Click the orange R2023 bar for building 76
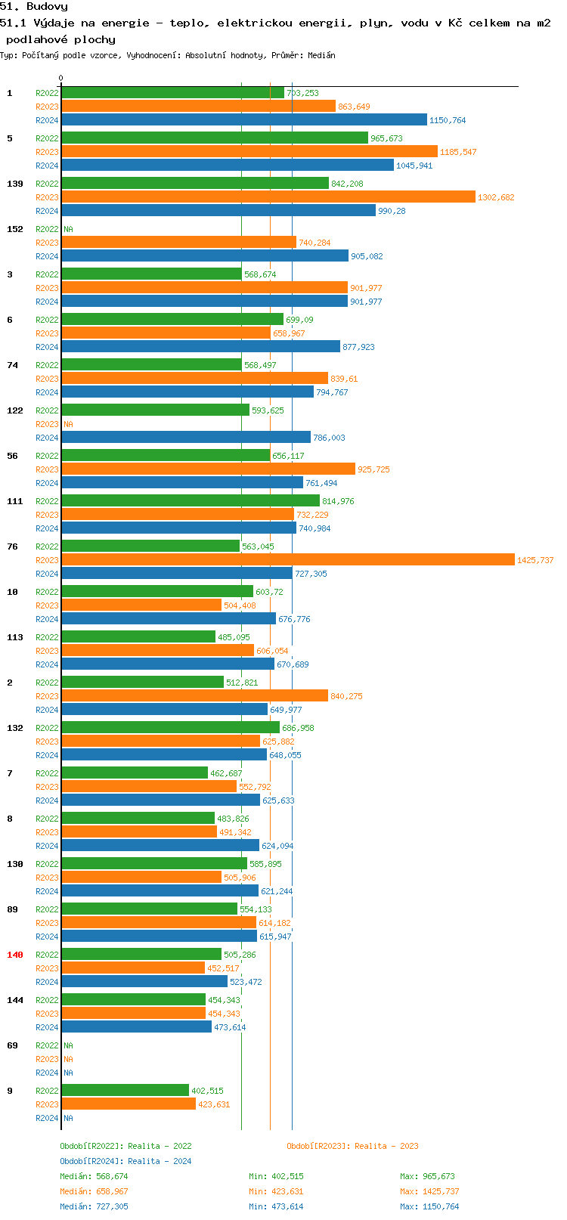click(x=287, y=560)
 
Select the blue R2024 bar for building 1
click(x=243, y=120)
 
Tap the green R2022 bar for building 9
click(x=125, y=1091)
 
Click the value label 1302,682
click(x=496, y=197)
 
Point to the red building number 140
click(x=15, y=955)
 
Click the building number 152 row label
click(x=15, y=229)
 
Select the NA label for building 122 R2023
click(x=68, y=424)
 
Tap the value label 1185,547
click(x=458, y=152)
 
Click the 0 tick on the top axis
click(x=61, y=78)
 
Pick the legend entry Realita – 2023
click(x=352, y=1146)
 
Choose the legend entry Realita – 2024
click(x=125, y=1161)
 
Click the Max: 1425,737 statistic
click(x=429, y=1191)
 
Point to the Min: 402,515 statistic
click(x=276, y=1176)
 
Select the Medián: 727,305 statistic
click(x=94, y=1206)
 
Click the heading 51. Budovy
click(x=34, y=7)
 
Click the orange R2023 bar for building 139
click(x=268, y=197)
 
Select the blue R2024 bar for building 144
click(x=136, y=1027)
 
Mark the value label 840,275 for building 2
click(x=346, y=696)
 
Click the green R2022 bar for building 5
click(x=215, y=138)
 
